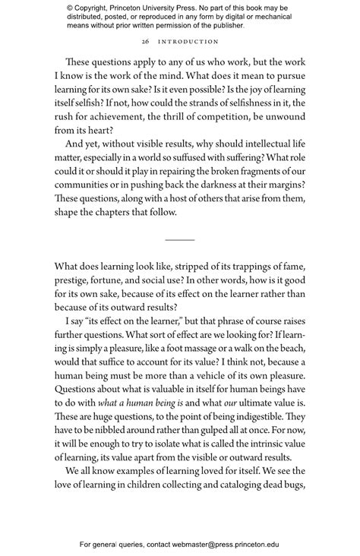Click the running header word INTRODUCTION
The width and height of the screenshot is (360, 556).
(x=187, y=42)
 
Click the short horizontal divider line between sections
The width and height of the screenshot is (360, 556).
(x=180, y=239)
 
